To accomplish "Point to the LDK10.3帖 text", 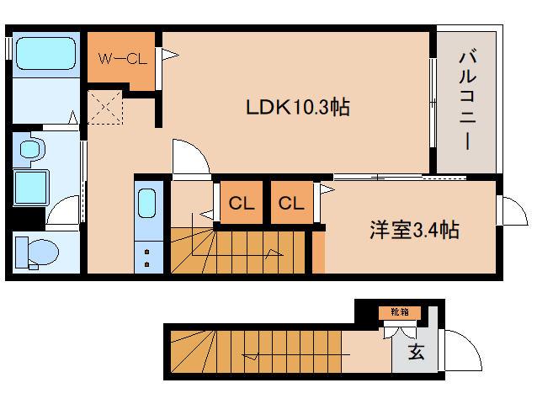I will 297,108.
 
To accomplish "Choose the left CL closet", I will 242,203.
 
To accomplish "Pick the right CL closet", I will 291,203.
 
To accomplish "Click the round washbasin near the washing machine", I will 31,150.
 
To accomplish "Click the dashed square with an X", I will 106,108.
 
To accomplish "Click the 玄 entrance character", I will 416,353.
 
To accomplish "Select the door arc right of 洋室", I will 510,209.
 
